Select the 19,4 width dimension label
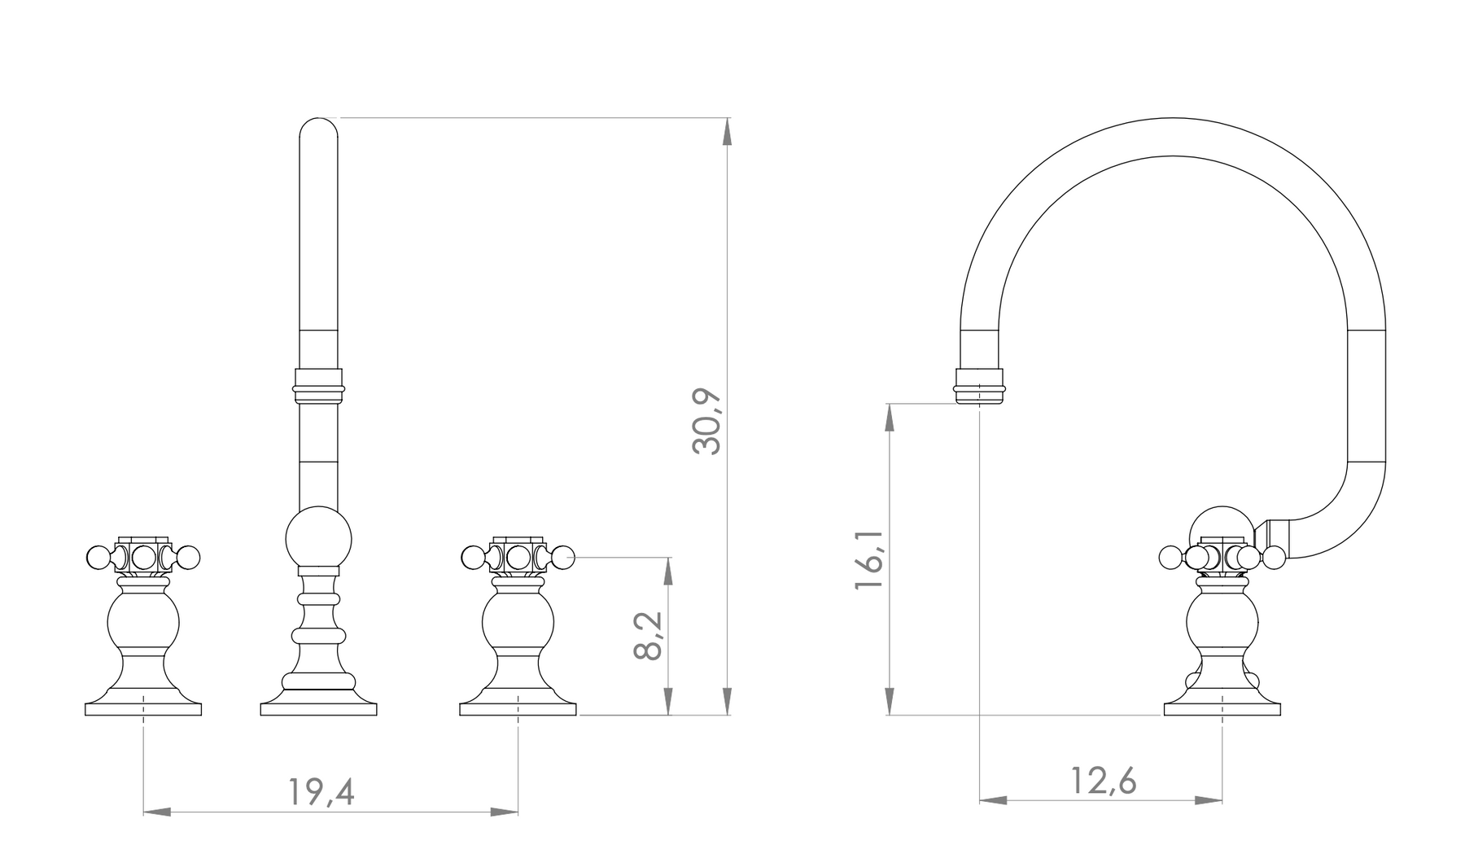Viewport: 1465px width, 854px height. coord(321,791)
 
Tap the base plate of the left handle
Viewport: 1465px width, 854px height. coord(143,707)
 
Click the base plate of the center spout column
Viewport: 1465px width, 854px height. coord(318,707)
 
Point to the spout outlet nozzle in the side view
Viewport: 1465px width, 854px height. coord(979,386)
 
